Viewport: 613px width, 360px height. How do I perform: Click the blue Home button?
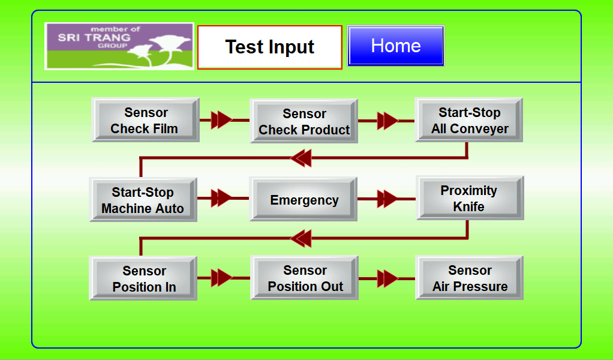point(396,46)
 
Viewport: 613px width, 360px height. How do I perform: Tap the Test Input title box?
point(270,47)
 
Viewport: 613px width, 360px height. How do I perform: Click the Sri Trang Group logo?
point(119,46)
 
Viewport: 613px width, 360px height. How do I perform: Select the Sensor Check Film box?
point(145,120)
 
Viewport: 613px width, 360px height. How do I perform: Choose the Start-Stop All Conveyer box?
point(468,120)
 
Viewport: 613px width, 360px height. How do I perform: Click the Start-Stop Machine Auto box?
point(143,200)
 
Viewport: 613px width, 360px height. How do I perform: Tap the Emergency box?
point(304,199)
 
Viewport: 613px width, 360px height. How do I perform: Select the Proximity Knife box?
point(470,198)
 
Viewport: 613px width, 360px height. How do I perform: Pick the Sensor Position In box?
point(143,278)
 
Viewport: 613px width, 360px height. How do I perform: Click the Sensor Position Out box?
point(305,278)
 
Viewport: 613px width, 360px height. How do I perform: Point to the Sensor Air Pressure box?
point(469,278)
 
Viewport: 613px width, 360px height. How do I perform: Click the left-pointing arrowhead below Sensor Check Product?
point(301,158)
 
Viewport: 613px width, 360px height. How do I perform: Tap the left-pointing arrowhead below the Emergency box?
point(301,238)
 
